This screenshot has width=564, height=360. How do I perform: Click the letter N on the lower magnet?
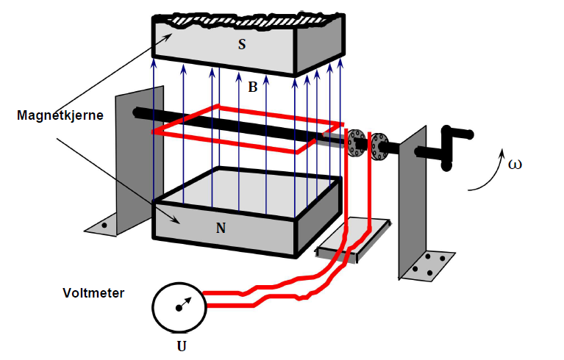point(221,228)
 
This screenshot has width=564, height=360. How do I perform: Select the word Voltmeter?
point(93,293)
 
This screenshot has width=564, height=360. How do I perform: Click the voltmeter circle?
point(178,308)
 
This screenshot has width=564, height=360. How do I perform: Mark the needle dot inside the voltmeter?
point(178,309)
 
